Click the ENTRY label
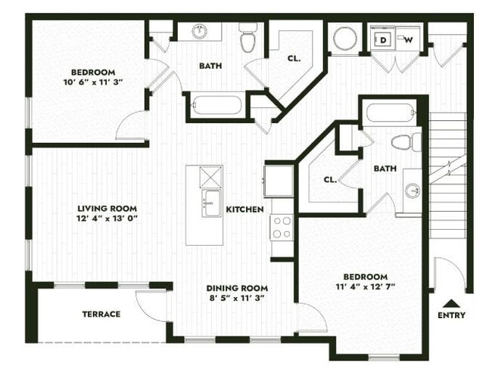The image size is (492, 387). (451, 315)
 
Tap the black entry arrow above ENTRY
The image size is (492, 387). (451, 301)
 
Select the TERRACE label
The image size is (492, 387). (101, 314)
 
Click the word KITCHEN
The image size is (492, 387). (244, 209)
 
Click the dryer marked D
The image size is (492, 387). (383, 39)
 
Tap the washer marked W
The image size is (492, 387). (407, 39)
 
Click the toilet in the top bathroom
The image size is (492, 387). (248, 38)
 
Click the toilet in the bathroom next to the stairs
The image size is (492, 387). (405, 141)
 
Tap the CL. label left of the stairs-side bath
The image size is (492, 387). (329, 180)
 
